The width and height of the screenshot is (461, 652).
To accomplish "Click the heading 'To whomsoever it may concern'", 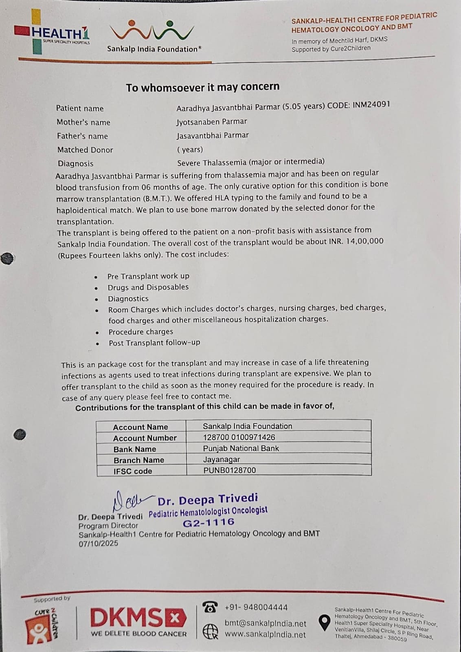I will click(x=202, y=87).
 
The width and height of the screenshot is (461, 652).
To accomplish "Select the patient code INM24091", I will click(x=371, y=104).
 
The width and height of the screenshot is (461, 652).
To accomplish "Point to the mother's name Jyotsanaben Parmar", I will click(x=211, y=121).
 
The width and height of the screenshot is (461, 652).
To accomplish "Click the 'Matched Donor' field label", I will click(x=85, y=150).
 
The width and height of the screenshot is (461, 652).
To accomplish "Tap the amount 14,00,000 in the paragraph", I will click(x=364, y=241).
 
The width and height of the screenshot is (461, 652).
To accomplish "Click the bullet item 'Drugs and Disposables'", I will click(x=148, y=287).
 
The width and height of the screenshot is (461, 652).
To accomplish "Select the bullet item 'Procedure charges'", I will click(x=140, y=332).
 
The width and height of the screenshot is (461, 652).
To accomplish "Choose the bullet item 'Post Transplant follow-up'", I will click(x=154, y=343).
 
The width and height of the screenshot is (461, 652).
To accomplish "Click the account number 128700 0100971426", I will click(x=239, y=437).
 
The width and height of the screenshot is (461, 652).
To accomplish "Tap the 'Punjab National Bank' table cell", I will click(x=241, y=448).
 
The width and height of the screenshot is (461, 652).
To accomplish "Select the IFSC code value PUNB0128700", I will click(x=230, y=470).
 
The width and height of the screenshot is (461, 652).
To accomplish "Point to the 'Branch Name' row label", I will click(x=139, y=460).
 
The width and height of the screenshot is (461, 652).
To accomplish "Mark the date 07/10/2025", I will click(x=99, y=543).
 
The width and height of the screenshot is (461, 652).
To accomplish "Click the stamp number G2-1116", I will click(x=209, y=522).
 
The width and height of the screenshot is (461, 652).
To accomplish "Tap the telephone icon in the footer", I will click(x=210, y=608).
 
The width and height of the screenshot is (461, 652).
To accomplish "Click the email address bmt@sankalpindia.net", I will click(x=265, y=623).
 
